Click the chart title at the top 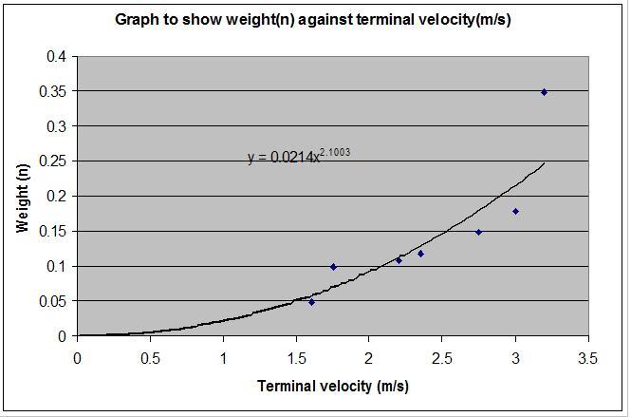(x=313, y=20)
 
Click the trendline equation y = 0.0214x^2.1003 (x=298, y=157)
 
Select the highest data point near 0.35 (x=544, y=92)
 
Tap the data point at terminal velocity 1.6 (x=311, y=302)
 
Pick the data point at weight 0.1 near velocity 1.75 (x=333, y=267)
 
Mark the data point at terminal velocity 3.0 (x=515, y=211)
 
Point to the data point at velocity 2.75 (x=478, y=232)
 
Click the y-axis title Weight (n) (x=24, y=196)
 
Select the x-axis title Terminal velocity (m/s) (x=332, y=387)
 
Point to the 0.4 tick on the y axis (x=57, y=56)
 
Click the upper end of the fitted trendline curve (x=544, y=163)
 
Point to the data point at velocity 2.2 (x=399, y=260)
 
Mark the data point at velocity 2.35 (x=420, y=254)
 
